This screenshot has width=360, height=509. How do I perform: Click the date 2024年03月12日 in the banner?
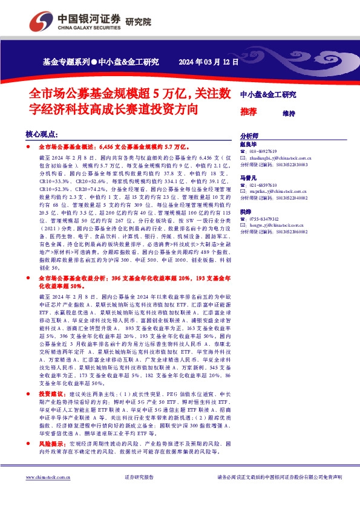[209, 62]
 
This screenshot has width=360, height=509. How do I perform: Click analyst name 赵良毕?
[249, 144]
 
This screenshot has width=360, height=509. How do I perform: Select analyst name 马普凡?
[249, 178]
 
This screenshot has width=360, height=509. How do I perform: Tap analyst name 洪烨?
[246, 212]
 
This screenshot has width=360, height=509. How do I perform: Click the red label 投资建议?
[51, 393]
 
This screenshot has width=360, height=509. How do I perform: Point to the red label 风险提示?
[51, 444]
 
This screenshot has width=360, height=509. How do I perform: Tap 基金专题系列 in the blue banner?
[66, 62]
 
